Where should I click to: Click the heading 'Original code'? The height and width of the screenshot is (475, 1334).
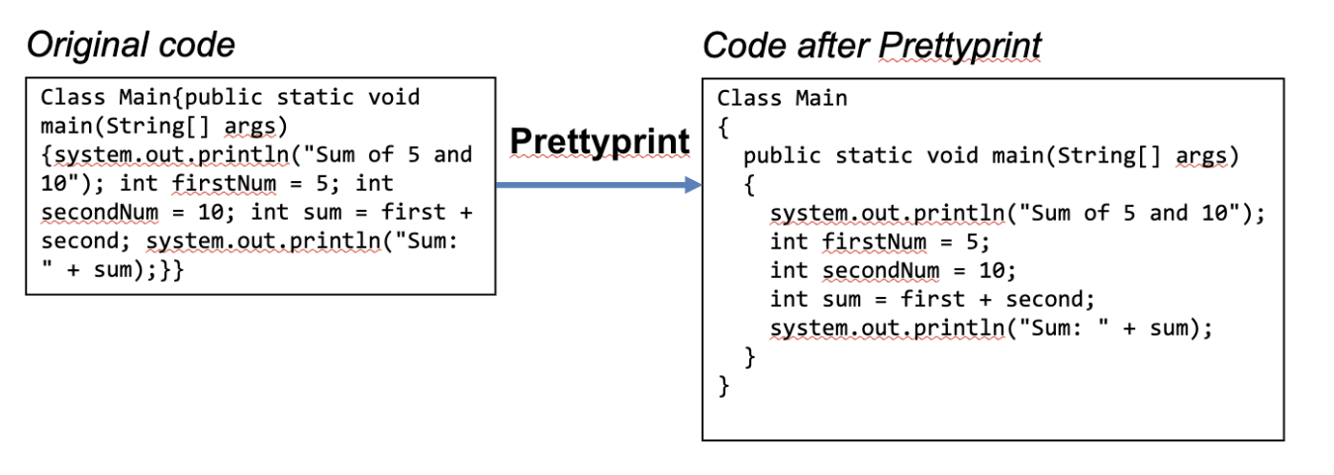[x=131, y=45]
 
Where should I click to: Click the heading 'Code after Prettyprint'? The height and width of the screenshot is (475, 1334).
[x=871, y=45]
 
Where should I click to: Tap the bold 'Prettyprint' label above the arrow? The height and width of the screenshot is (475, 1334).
[x=600, y=142]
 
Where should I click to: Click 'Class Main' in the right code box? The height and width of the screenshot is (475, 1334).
[x=782, y=98]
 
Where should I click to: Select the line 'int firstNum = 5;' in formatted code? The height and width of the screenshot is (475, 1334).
[x=880, y=241]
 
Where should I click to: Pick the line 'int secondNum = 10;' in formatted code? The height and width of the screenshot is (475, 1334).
[x=893, y=270]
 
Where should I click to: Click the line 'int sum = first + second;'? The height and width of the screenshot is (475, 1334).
[x=932, y=299]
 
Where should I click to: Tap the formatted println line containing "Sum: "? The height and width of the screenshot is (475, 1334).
[x=991, y=328]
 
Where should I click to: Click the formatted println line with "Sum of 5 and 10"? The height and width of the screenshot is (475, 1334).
[x=1017, y=213]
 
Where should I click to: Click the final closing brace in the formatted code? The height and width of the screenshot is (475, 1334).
[x=723, y=386]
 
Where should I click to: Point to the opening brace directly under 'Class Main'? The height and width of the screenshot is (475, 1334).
[x=723, y=127]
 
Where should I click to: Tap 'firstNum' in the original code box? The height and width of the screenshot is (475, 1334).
[x=223, y=184]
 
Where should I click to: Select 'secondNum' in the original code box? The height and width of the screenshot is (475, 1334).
[x=92, y=213]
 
